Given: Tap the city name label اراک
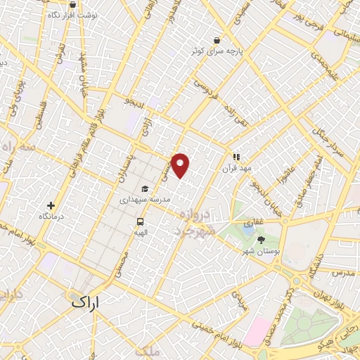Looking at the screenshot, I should click(x=86, y=302).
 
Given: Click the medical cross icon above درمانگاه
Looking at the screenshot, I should click(x=50, y=205).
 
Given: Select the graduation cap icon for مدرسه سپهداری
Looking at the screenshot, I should click(x=145, y=188).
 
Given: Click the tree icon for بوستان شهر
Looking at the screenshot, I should click(x=262, y=240).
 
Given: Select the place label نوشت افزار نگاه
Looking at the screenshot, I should click(x=78, y=14).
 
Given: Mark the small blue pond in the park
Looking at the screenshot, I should click(x=247, y=228).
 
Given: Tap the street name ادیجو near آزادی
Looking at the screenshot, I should click(x=133, y=103).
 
